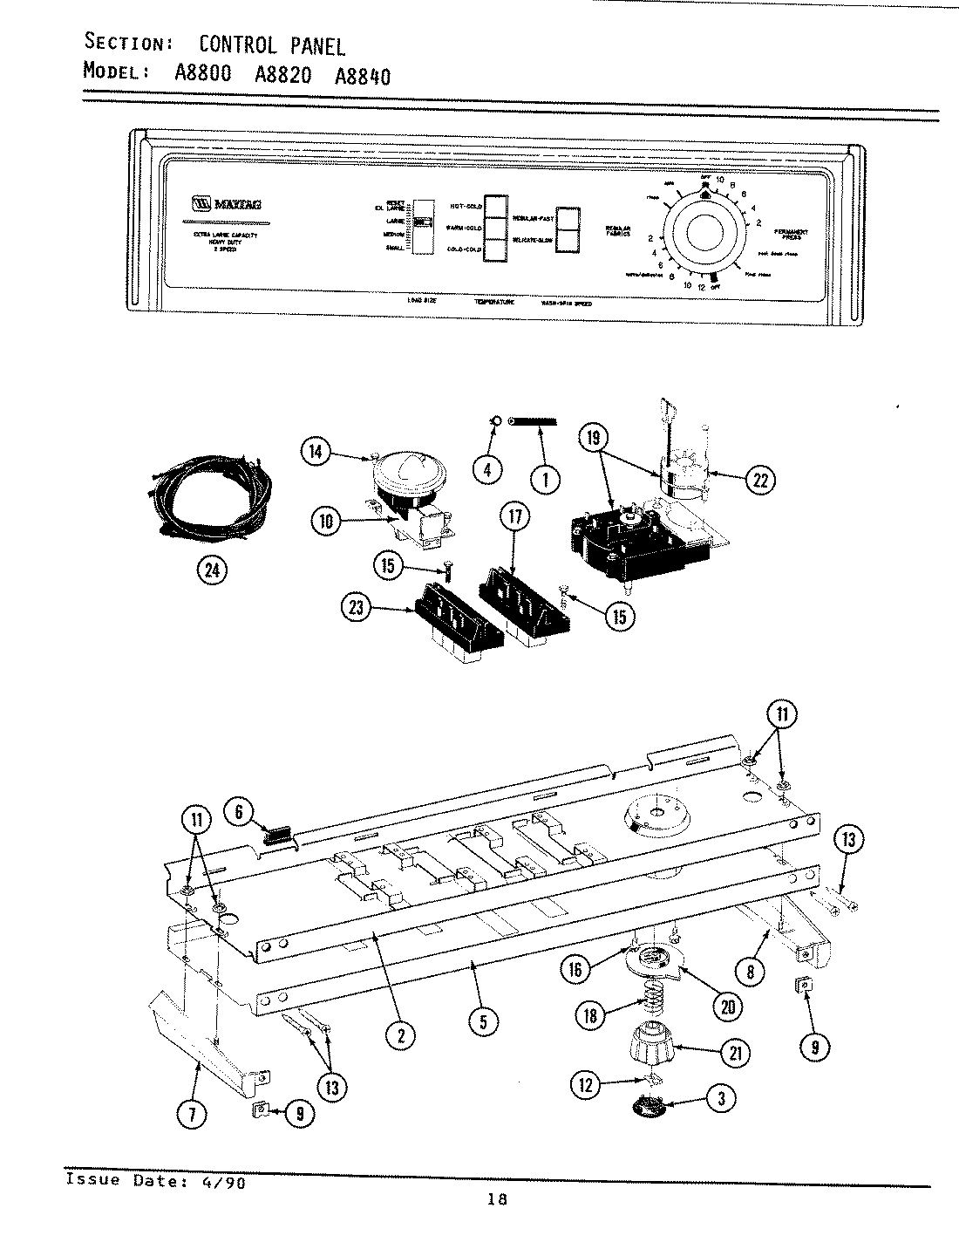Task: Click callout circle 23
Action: (x=357, y=609)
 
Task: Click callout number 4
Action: (x=487, y=470)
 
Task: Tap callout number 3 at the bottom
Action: (x=719, y=1099)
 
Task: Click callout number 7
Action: (x=194, y=1113)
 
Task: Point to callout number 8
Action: (x=749, y=970)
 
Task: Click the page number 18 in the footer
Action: (x=497, y=1199)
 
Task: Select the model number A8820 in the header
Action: (x=282, y=74)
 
